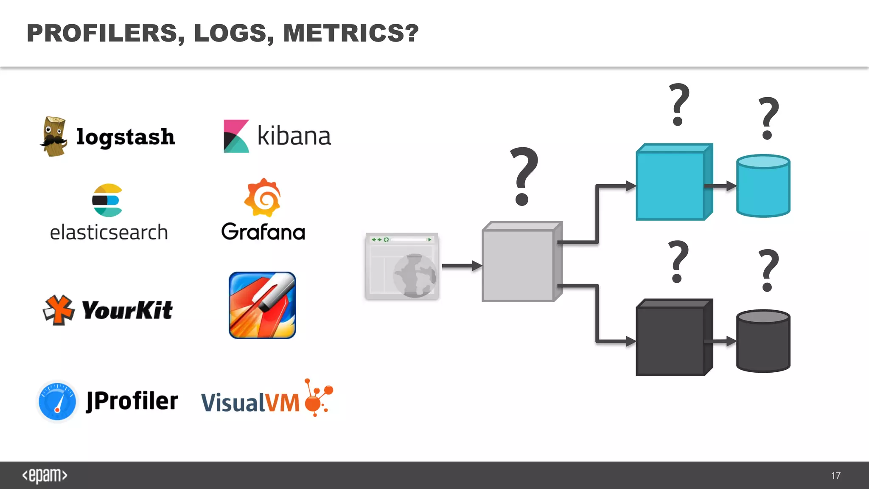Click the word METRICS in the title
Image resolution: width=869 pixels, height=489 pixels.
point(344,33)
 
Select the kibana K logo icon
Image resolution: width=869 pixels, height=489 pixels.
point(236,136)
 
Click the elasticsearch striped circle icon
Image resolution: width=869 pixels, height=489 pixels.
point(107,200)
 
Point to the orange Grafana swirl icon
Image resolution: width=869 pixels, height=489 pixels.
point(263,198)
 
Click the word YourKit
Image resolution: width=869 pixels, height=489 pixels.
point(127,310)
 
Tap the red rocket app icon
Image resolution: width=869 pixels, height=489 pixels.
point(262,305)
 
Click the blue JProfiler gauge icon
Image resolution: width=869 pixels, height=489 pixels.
point(57,401)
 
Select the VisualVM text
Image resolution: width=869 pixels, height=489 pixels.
point(250,402)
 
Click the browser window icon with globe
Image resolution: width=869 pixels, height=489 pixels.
point(402,266)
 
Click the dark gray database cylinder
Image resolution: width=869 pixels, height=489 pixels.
point(763,341)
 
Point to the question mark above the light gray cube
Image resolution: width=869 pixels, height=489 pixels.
point(524,176)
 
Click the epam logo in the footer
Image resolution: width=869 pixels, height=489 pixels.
point(45,475)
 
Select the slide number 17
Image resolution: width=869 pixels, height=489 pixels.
point(835,475)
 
